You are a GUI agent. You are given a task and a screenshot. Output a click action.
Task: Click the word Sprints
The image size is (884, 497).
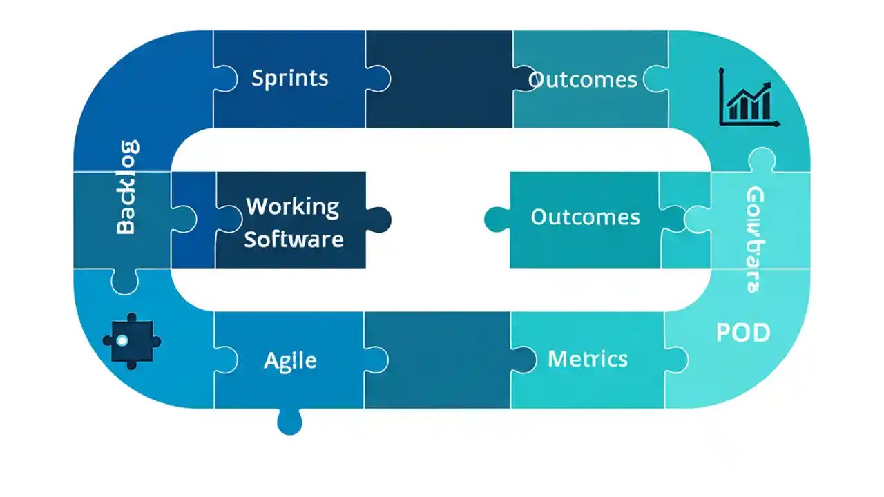pyautogui.click(x=290, y=78)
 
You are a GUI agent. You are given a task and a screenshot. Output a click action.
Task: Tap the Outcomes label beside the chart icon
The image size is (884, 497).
pyautogui.click(x=582, y=80)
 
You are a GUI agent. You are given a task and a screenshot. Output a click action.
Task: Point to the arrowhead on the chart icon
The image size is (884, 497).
pyautogui.click(x=767, y=84)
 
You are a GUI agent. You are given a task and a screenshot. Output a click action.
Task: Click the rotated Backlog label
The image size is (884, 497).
pyautogui.click(x=126, y=187)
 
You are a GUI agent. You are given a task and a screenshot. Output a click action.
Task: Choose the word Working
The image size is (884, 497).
pyautogui.click(x=293, y=206)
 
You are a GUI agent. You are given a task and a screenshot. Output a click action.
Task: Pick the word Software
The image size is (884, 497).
pyautogui.click(x=294, y=239)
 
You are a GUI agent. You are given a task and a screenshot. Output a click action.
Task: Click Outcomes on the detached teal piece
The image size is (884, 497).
pyautogui.click(x=585, y=217)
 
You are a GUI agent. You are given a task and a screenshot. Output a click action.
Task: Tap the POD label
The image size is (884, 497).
pyautogui.click(x=742, y=333)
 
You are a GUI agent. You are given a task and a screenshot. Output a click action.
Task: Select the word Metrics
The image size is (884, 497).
pyautogui.click(x=587, y=358)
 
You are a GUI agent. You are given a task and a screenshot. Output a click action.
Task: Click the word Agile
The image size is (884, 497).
pyautogui.click(x=290, y=360)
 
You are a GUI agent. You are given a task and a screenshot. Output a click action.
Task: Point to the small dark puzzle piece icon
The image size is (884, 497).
pyautogui.click(x=131, y=340)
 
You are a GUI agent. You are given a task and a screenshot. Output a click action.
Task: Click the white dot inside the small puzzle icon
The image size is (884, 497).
pyautogui.click(x=122, y=340)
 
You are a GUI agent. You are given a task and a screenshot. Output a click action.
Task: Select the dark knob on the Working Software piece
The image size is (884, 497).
pyautogui.click(x=378, y=220)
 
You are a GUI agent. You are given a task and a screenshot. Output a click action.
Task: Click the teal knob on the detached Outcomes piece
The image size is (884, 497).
pyautogui.click(x=496, y=220)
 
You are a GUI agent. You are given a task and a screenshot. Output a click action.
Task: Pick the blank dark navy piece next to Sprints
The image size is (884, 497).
pyautogui.click(x=439, y=79)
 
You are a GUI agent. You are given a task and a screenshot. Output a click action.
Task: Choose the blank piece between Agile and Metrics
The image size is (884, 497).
pyautogui.click(x=437, y=359)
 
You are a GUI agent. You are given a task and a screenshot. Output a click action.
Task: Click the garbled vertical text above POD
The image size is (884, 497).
pyautogui.click(x=754, y=239)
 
